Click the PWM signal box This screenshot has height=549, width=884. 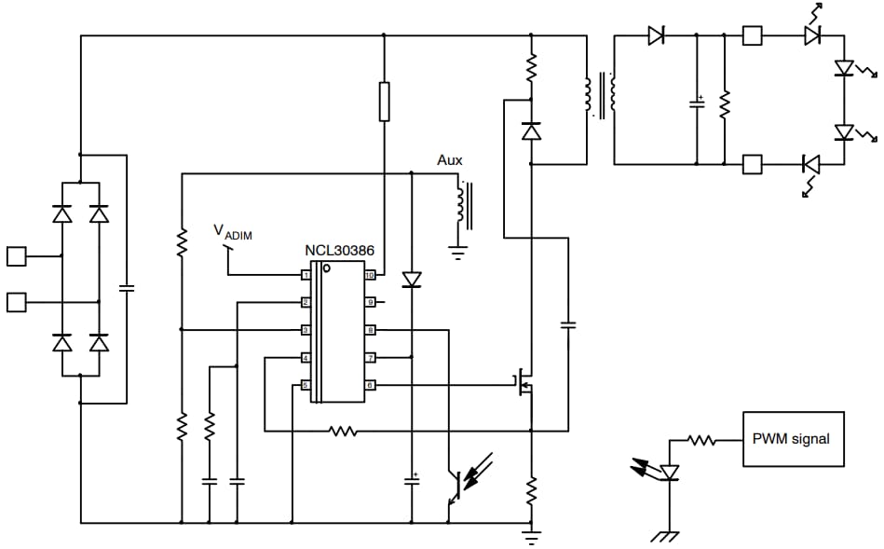coord(793,438)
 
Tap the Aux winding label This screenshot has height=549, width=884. coord(450,160)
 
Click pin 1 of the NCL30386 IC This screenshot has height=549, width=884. coord(305,275)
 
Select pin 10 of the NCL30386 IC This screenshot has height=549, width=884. coord(370,275)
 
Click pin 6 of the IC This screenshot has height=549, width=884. coord(370,385)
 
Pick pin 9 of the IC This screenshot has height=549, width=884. coord(370,302)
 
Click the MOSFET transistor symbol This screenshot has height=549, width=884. coord(524,383)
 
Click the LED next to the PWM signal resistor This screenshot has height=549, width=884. coord(669,473)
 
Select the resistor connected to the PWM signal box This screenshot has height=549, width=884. coord(702,439)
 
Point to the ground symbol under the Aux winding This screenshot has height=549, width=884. coord(457,251)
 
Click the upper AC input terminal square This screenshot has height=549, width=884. coord(16,255)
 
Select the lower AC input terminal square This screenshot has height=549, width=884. coord(16,302)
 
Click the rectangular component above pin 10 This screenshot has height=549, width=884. coord(384,101)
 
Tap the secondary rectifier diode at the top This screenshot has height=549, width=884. coord(656,36)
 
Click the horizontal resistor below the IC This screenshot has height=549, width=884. coord(343,431)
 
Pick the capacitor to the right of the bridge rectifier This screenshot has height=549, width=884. coord(127,287)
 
